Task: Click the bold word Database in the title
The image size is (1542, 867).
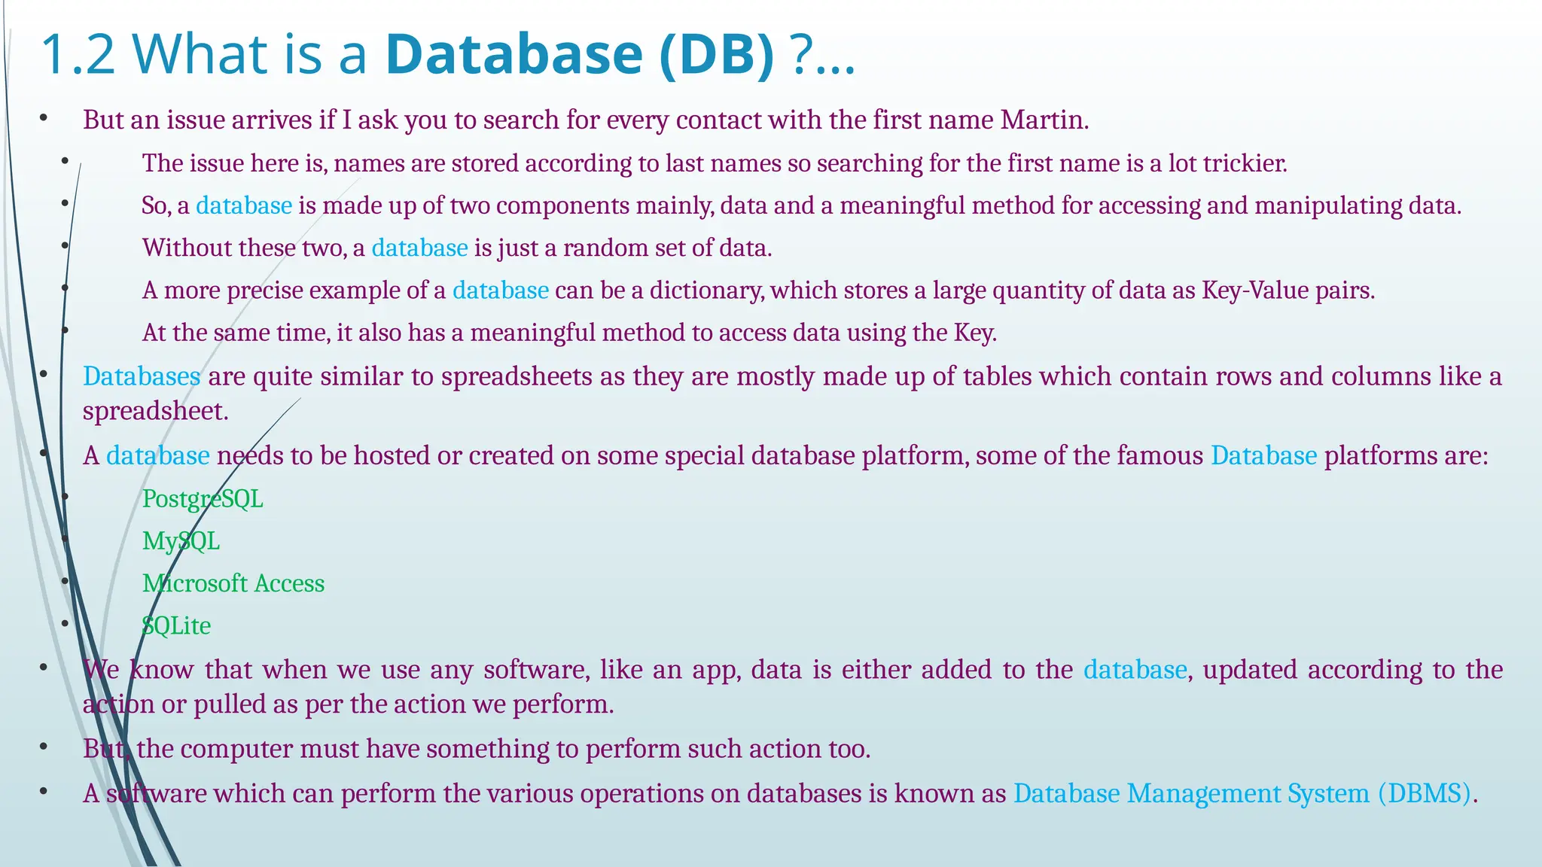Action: pos(514,54)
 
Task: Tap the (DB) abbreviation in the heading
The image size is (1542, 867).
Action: pos(716,54)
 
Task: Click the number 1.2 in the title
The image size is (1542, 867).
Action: pos(78,54)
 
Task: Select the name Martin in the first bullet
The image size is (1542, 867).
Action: pos(1044,120)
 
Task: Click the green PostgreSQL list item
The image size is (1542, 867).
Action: pos(203,499)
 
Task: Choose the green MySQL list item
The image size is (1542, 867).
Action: pos(181,541)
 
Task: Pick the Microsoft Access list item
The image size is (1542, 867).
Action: pos(233,583)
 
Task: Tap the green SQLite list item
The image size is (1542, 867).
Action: pos(176,625)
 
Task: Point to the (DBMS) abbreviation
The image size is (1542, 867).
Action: pos(1425,793)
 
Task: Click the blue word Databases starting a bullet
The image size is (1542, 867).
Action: pos(142,376)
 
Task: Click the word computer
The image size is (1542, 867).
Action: pos(236,749)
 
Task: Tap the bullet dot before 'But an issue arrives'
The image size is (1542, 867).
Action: pos(44,118)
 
